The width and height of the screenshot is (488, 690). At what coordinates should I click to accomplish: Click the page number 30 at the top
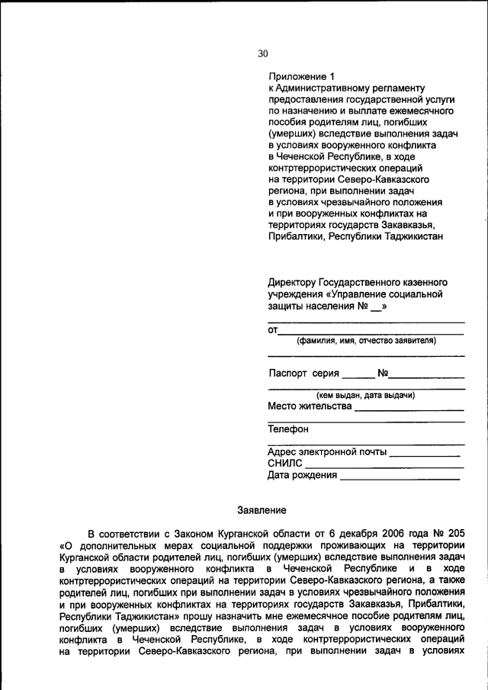tap(263, 53)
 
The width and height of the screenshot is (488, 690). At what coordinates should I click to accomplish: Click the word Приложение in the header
tap(297, 76)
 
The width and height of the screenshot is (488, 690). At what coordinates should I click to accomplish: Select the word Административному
tap(325, 88)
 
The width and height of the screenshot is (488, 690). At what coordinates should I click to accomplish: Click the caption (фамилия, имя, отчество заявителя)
tap(366, 341)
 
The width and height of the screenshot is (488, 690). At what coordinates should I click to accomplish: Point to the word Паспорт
tap(288, 374)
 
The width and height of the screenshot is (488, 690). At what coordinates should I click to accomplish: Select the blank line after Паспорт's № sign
tap(427, 375)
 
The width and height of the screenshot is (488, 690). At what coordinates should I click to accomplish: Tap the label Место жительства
tap(310, 406)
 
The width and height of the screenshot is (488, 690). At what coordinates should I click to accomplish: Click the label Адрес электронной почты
tap(327, 451)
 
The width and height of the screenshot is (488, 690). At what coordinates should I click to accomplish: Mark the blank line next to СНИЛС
tap(384, 464)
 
